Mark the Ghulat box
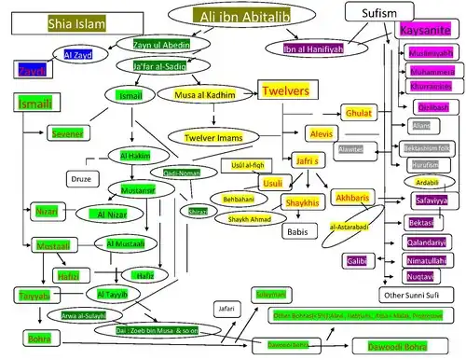pyautogui.click(x=359, y=112)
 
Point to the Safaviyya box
pyautogui.click(x=430, y=199)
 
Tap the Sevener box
pyautogui.click(x=67, y=133)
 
